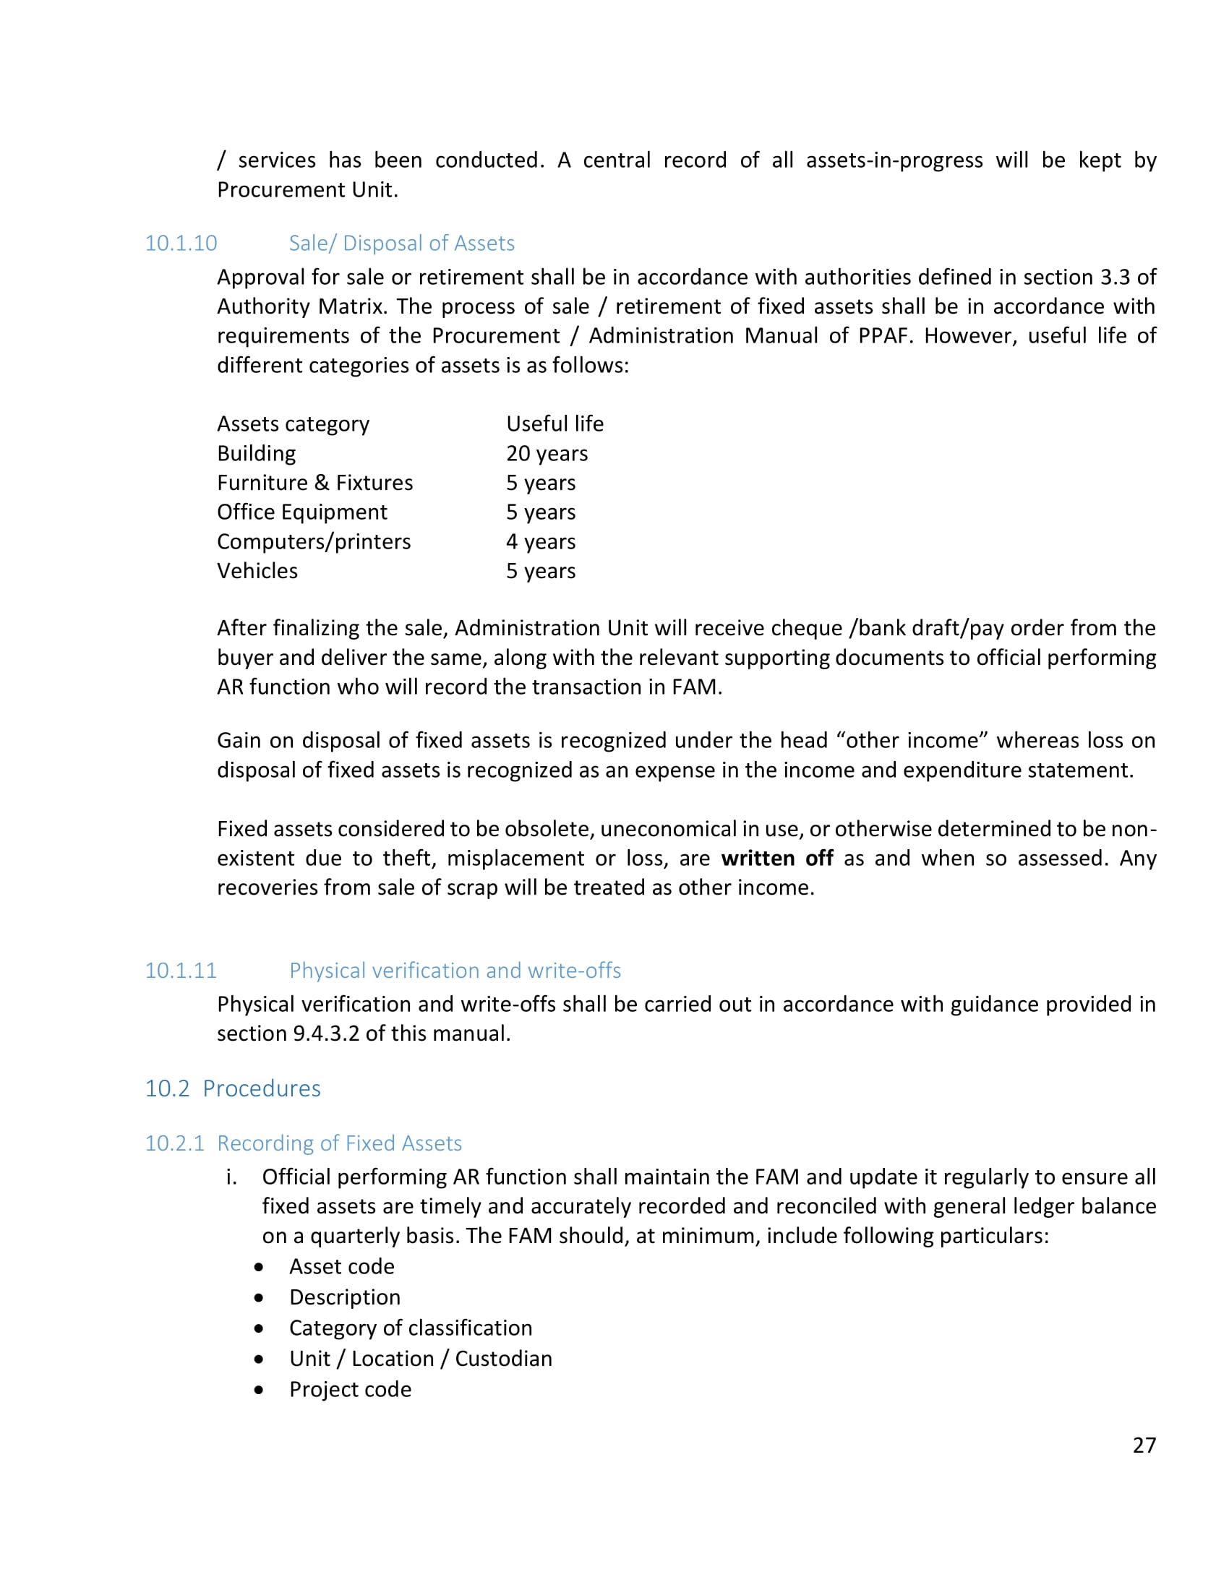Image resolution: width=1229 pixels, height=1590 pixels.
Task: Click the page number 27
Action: tap(1144, 1445)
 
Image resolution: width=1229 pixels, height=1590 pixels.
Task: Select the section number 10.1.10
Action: tap(181, 243)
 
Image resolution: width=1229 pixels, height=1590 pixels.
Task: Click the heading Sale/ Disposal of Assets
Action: tap(401, 243)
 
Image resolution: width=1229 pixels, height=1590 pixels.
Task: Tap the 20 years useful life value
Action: tap(547, 454)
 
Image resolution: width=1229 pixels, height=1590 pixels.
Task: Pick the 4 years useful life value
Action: tap(540, 541)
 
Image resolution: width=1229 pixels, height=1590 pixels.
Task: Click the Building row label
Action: tap(257, 454)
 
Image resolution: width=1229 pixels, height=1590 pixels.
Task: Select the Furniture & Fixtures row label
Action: tap(314, 483)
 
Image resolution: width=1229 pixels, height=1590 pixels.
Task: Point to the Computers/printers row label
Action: tap(314, 541)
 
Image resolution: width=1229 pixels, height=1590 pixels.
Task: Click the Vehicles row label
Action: tap(257, 571)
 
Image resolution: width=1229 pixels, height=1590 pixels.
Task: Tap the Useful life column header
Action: tap(554, 424)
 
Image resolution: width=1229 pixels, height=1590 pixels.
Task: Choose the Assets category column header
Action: tap(293, 424)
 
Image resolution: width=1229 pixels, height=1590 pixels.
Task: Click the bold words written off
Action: tap(777, 859)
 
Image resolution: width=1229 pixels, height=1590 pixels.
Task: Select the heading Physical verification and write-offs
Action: tap(455, 971)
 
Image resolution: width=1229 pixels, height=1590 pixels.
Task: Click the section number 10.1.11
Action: tap(181, 971)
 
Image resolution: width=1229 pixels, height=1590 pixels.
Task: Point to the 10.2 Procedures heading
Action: tap(232, 1088)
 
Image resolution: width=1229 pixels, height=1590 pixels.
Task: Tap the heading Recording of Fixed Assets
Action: tap(339, 1143)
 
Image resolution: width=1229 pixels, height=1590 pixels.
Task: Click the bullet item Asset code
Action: tap(341, 1267)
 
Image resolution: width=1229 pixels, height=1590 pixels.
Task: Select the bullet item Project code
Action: tap(350, 1389)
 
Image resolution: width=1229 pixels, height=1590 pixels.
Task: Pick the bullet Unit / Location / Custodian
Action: tap(421, 1359)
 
